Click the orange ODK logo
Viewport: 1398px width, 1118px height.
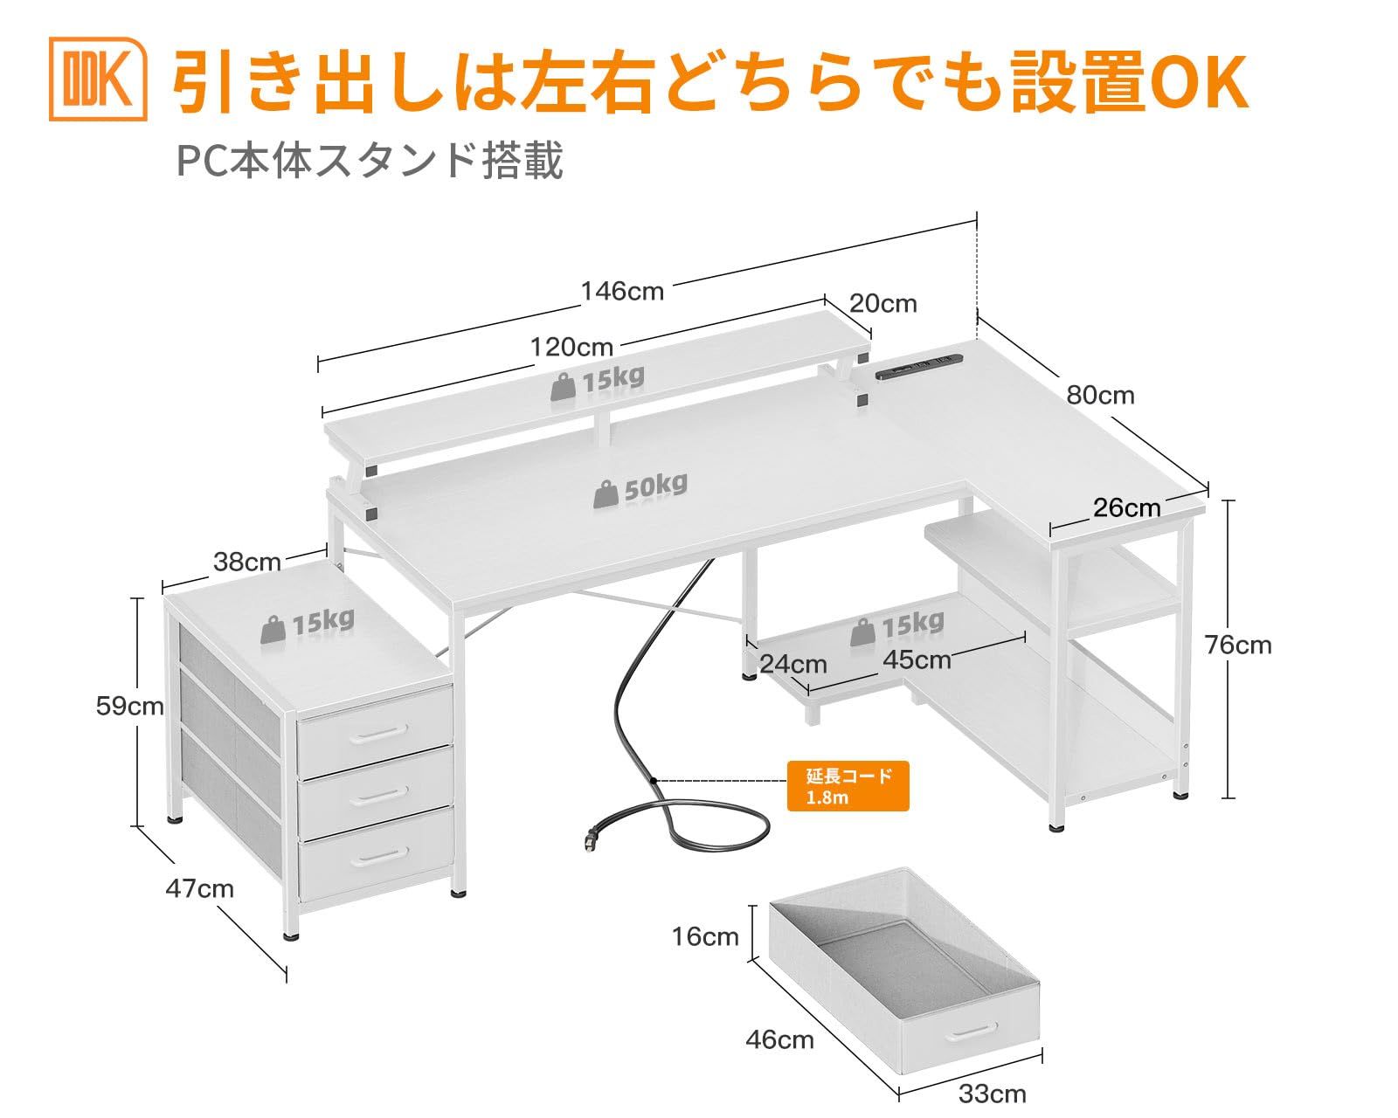pyautogui.click(x=98, y=78)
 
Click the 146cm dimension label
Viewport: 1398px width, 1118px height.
pyautogui.click(x=623, y=291)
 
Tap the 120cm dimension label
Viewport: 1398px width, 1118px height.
pyautogui.click(x=571, y=347)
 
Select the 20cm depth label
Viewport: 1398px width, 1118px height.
pyautogui.click(x=882, y=303)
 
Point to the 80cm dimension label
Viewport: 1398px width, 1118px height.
pyautogui.click(x=1100, y=395)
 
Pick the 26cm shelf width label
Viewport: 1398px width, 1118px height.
pyautogui.click(x=1127, y=507)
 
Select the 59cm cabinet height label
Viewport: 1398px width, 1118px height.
pyautogui.click(x=129, y=706)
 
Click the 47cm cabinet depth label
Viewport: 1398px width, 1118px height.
pyautogui.click(x=199, y=888)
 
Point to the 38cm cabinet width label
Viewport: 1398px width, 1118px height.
pyautogui.click(x=246, y=562)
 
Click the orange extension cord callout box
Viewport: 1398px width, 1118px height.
pyautogui.click(x=848, y=785)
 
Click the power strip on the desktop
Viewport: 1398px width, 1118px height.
pyautogui.click(x=918, y=365)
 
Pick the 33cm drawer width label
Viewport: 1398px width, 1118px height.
pyautogui.click(x=992, y=1093)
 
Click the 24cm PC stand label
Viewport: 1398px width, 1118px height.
pyautogui.click(x=792, y=664)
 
